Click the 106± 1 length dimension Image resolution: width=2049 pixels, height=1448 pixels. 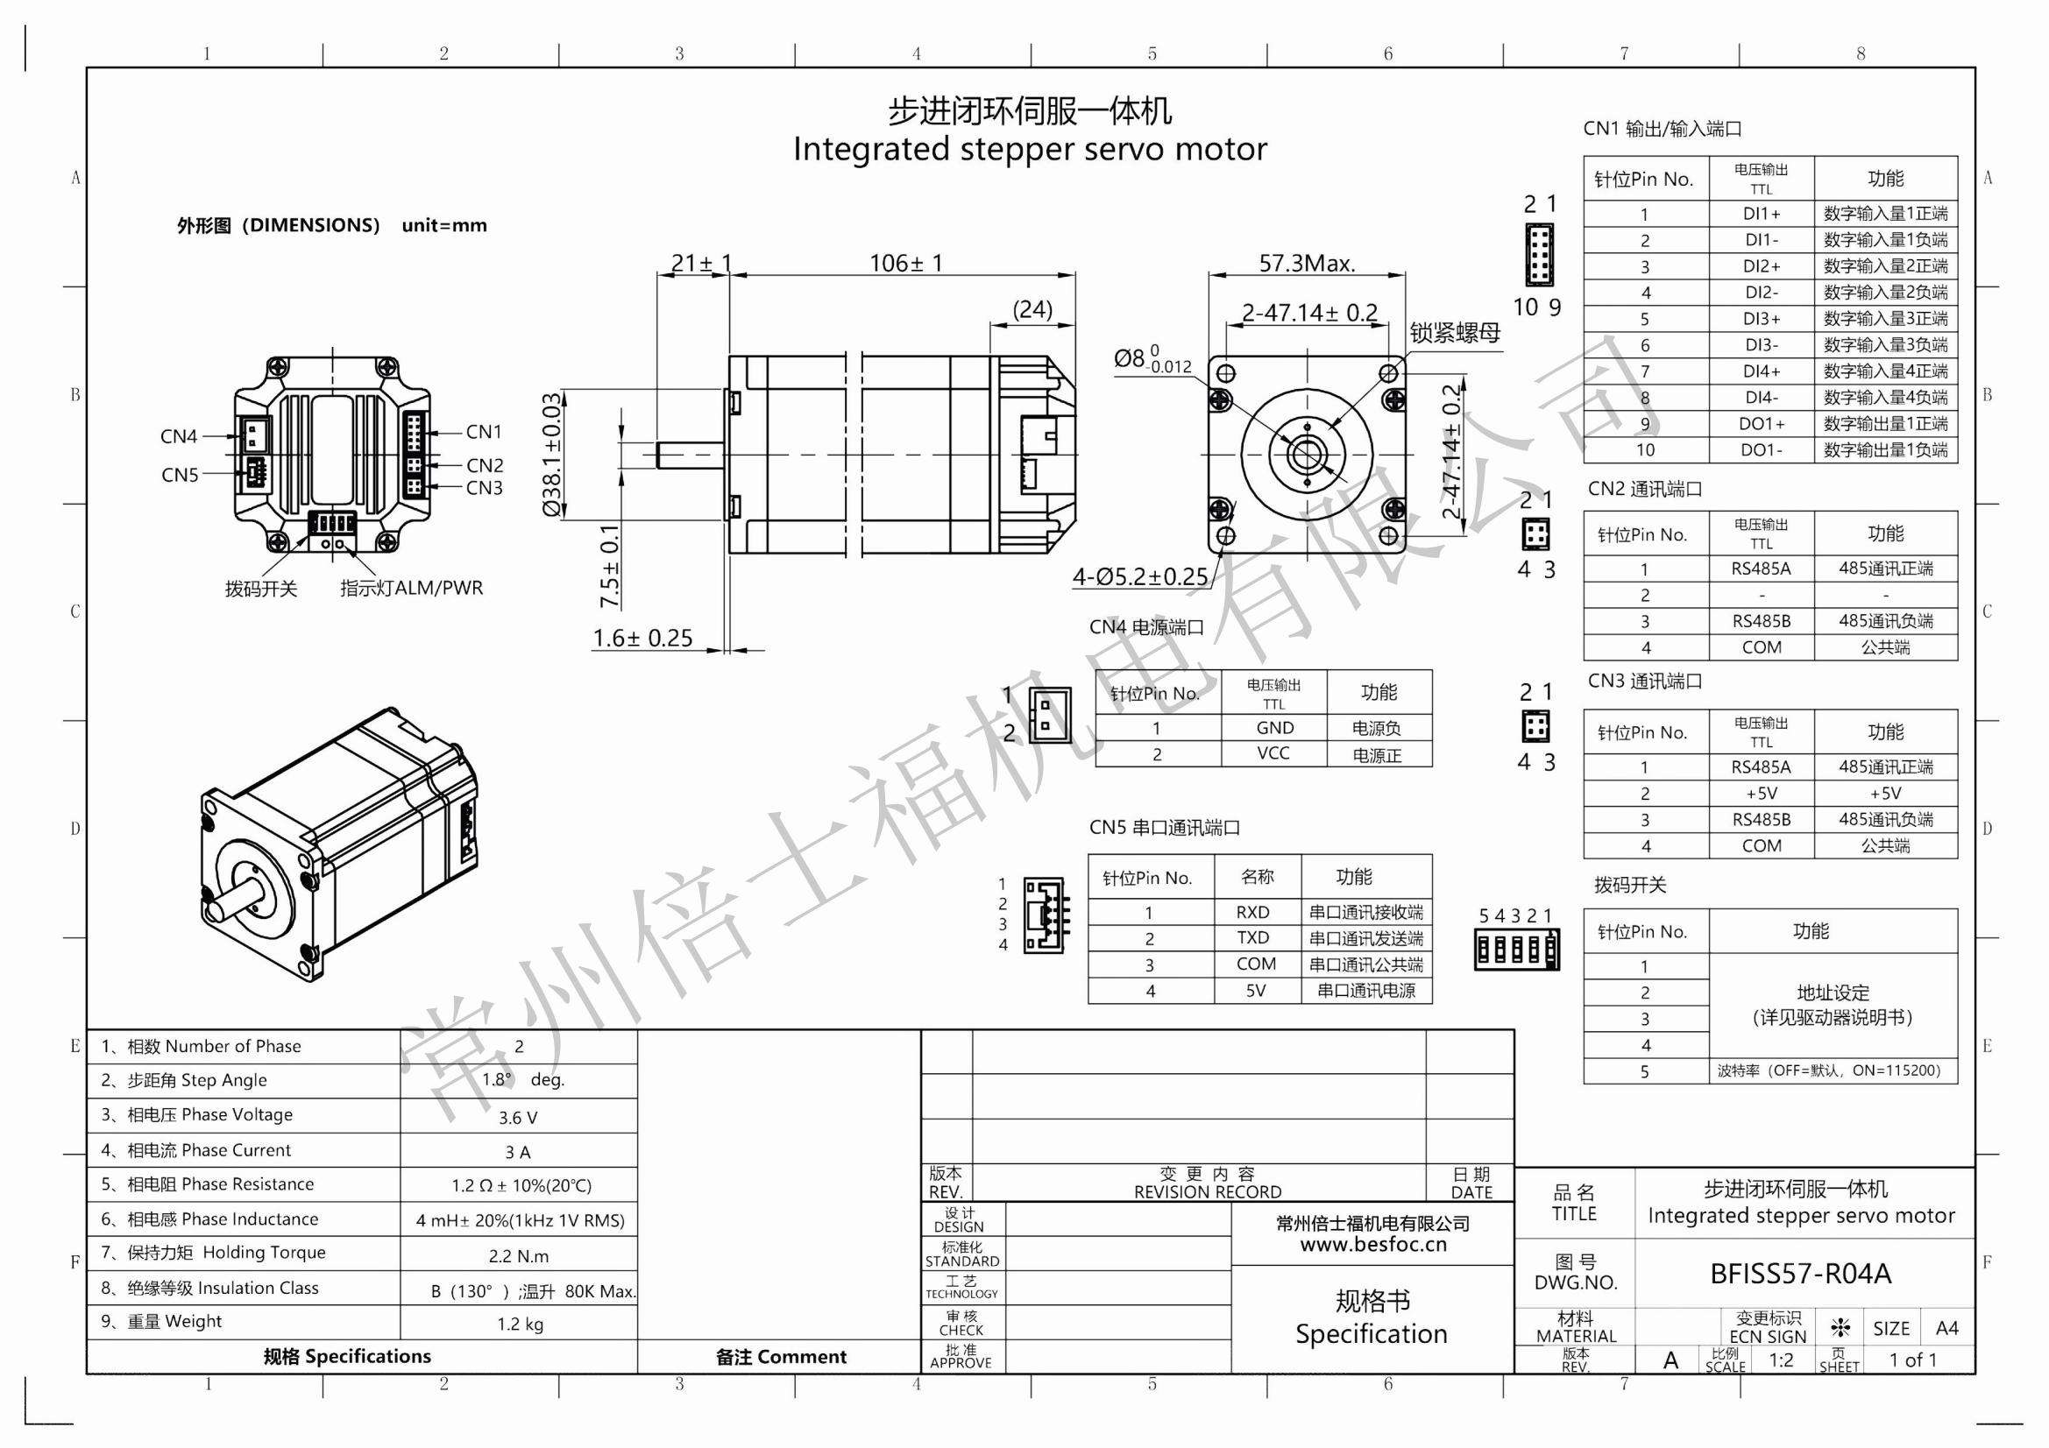(x=905, y=263)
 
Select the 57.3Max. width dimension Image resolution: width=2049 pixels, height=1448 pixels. (x=1307, y=263)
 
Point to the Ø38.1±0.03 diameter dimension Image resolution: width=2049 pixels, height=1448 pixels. (x=552, y=454)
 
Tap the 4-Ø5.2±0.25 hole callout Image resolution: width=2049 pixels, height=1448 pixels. (x=1139, y=576)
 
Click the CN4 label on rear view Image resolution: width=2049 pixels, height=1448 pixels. (x=179, y=436)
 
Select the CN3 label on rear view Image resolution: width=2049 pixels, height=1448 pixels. (x=484, y=488)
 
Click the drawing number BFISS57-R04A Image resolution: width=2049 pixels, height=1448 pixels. (x=1800, y=1273)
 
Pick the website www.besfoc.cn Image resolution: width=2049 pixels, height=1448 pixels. (x=1372, y=1244)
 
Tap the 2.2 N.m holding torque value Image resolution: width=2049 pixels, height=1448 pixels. (x=519, y=1256)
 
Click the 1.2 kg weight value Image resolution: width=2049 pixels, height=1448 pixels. (x=520, y=1324)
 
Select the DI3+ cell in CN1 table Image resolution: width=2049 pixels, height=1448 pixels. (x=1761, y=319)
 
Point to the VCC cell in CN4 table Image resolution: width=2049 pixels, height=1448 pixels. (x=1273, y=753)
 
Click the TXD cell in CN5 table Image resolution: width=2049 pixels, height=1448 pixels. (x=1252, y=937)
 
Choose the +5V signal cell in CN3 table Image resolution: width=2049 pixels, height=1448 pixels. (x=1761, y=793)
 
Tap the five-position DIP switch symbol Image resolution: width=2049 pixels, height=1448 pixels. (x=1516, y=950)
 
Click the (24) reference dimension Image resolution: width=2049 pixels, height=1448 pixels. (x=1032, y=309)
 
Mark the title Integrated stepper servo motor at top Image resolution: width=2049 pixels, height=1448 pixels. (x=1030, y=149)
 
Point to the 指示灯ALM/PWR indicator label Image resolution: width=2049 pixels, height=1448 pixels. (x=411, y=588)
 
